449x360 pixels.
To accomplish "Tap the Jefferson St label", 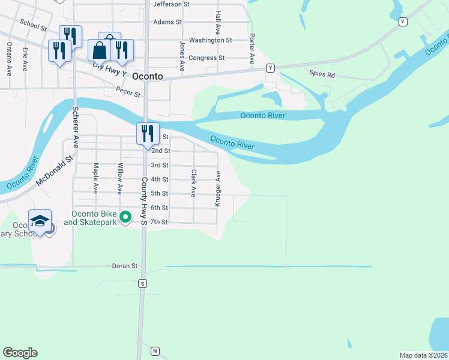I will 171,4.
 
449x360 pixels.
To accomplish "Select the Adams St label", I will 167,22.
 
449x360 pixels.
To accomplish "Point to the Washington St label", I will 210,40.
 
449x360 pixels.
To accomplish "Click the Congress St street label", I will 206,58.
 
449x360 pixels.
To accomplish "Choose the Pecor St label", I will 128,94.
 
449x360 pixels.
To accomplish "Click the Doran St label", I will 125,265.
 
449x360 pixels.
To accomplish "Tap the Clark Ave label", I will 194,183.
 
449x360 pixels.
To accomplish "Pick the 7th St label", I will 159,222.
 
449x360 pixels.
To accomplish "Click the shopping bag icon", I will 100,50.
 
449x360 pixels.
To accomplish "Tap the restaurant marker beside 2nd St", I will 148,133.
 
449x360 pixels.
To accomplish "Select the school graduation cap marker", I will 40,221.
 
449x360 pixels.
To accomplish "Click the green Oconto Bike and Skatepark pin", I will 125,217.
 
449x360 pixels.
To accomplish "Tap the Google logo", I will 20,353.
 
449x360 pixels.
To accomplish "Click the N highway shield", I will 155,350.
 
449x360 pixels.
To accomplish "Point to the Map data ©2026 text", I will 424,355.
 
